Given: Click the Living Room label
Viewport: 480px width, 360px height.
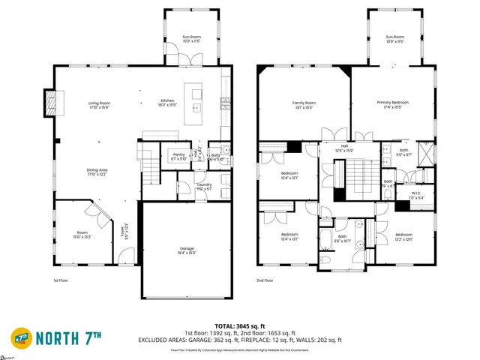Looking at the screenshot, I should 100,104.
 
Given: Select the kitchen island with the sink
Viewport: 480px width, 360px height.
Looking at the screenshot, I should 197,102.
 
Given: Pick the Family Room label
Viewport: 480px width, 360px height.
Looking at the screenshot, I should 304,104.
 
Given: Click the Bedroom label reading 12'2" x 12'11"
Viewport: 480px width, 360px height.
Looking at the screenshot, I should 403,236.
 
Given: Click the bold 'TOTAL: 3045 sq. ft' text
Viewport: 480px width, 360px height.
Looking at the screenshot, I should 239,327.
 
